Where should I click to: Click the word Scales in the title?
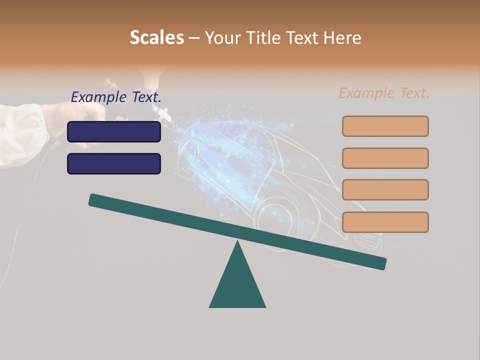click(156, 37)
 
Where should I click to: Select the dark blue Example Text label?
click(116, 97)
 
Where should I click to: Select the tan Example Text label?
click(384, 93)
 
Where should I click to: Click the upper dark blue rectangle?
click(114, 131)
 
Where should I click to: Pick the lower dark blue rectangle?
click(114, 163)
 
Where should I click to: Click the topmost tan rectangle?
click(385, 126)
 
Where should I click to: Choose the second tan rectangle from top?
click(385, 158)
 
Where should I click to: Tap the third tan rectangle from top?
click(385, 189)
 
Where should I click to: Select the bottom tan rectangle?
click(385, 222)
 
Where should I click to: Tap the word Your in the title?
click(220, 37)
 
